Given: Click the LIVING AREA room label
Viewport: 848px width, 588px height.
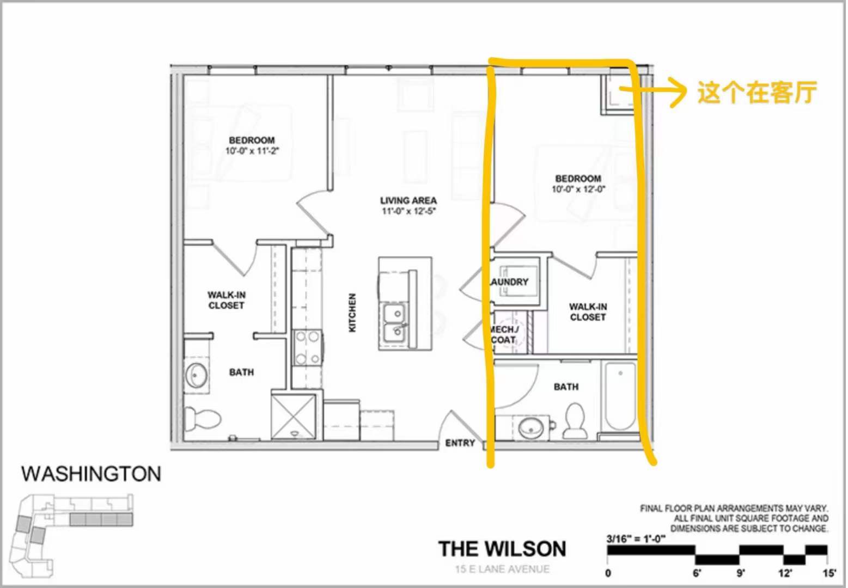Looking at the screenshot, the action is coord(408,200).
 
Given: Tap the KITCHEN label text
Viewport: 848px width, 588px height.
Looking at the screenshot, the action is coord(352,313).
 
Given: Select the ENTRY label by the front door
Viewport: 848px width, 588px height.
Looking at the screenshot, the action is coord(460,443).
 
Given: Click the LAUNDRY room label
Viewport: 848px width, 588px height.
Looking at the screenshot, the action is coord(509,282).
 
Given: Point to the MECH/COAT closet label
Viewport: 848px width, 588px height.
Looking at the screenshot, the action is coord(503,334).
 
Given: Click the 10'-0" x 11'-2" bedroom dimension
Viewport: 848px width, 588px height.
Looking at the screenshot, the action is coord(252,151).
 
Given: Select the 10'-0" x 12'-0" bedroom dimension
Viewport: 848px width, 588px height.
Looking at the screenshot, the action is coord(578,189).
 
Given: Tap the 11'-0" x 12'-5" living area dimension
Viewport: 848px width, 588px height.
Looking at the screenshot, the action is coord(409,211).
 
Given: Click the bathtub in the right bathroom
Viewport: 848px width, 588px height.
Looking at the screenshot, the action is coord(620,396).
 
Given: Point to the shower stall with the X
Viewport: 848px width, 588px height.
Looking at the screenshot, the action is coord(294,416).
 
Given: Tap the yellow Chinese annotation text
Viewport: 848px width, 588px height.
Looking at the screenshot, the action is coord(757,93).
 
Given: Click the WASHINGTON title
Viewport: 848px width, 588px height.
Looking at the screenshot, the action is coord(91,474).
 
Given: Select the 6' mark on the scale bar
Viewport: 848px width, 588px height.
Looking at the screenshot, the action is coord(697,573).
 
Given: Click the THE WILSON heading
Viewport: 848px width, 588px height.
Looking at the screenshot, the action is coord(502,549).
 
